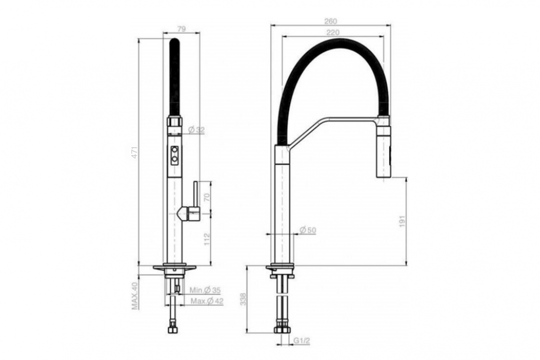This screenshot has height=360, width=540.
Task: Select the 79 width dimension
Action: (x=182, y=29)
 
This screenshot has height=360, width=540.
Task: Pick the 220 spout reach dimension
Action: (x=333, y=33)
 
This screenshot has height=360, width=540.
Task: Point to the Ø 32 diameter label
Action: (x=197, y=130)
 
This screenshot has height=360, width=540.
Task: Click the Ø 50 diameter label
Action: (x=308, y=230)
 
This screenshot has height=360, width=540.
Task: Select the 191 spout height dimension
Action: (x=403, y=221)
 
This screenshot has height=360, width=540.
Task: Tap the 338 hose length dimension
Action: (x=244, y=299)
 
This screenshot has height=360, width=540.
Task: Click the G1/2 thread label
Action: (x=302, y=341)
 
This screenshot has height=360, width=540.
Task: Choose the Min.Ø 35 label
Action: (x=205, y=291)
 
